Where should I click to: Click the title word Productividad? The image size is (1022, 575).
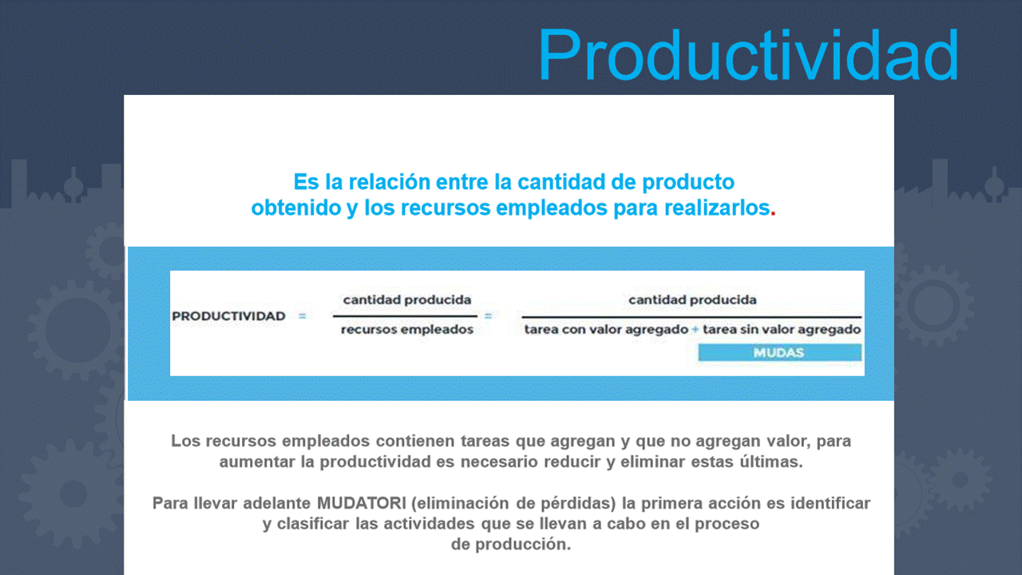tap(748, 55)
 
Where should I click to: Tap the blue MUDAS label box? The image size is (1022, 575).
tap(780, 352)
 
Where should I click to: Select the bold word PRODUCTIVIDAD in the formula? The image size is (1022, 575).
tap(228, 315)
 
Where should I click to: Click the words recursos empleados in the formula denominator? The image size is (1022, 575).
tap(407, 330)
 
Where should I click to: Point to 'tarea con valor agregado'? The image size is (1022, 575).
tap(606, 330)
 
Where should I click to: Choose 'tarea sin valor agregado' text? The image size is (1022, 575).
tap(782, 330)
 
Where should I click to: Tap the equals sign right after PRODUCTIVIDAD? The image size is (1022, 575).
tap(302, 315)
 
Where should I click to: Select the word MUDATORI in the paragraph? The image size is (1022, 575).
tap(362, 503)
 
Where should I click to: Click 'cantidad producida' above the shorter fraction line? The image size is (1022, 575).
tap(407, 299)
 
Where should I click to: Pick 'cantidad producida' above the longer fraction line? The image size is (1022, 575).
tap(692, 299)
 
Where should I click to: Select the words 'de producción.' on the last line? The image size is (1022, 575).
tap(511, 544)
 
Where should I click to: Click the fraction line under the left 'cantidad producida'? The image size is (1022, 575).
tap(405, 315)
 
